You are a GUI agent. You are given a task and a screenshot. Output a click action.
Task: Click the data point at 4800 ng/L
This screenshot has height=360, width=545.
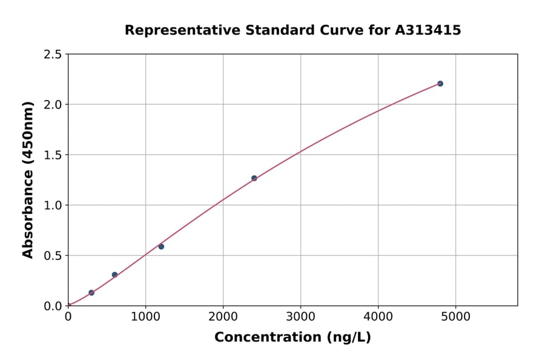(x=440, y=84)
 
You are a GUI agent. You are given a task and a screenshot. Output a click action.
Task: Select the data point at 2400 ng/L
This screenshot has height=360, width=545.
(x=254, y=178)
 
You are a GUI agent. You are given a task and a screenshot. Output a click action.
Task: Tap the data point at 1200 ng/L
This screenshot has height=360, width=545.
(x=161, y=247)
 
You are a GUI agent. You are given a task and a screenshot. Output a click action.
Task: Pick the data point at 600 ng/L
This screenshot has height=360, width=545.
(x=114, y=275)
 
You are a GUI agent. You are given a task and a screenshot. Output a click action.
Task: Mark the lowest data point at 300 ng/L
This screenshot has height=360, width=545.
(x=91, y=293)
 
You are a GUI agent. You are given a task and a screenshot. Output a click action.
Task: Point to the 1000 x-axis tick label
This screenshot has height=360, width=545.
(x=145, y=316)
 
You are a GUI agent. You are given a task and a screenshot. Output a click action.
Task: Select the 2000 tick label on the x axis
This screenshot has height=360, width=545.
(x=223, y=316)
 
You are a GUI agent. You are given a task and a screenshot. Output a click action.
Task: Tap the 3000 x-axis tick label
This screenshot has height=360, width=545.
(x=301, y=316)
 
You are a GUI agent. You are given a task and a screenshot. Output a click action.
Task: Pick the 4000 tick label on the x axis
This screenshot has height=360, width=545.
(x=378, y=316)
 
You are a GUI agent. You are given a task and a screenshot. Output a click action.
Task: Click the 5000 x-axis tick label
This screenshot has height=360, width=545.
(x=456, y=316)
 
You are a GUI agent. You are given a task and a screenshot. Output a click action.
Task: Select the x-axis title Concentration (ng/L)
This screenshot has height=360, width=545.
(x=292, y=337)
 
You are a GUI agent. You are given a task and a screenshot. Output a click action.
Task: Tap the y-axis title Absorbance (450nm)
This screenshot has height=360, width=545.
(x=28, y=179)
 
